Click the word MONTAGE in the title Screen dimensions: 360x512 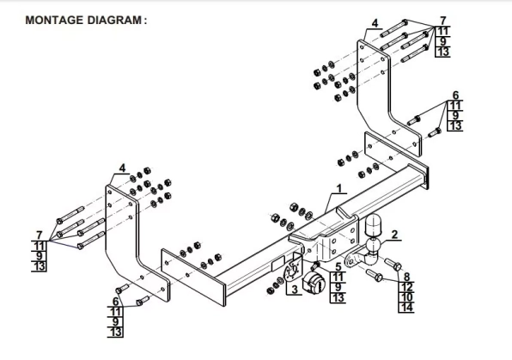tap(49, 18)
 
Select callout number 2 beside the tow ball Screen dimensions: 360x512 tap(394, 234)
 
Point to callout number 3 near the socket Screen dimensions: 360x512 tap(293, 290)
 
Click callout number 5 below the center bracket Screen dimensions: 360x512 tap(338, 267)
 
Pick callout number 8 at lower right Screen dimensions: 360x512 tap(406, 276)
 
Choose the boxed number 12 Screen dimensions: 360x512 tap(406, 286)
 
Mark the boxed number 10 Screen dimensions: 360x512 tap(406, 296)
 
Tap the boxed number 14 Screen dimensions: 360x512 tap(406, 307)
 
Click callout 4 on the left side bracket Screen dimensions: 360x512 tap(122, 168)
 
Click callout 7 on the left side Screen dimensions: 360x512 tap(39, 235)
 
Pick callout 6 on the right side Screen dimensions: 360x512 tap(455, 95)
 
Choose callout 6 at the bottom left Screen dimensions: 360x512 tap(116, 302)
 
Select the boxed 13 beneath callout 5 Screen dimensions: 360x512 tap(338, 298)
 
